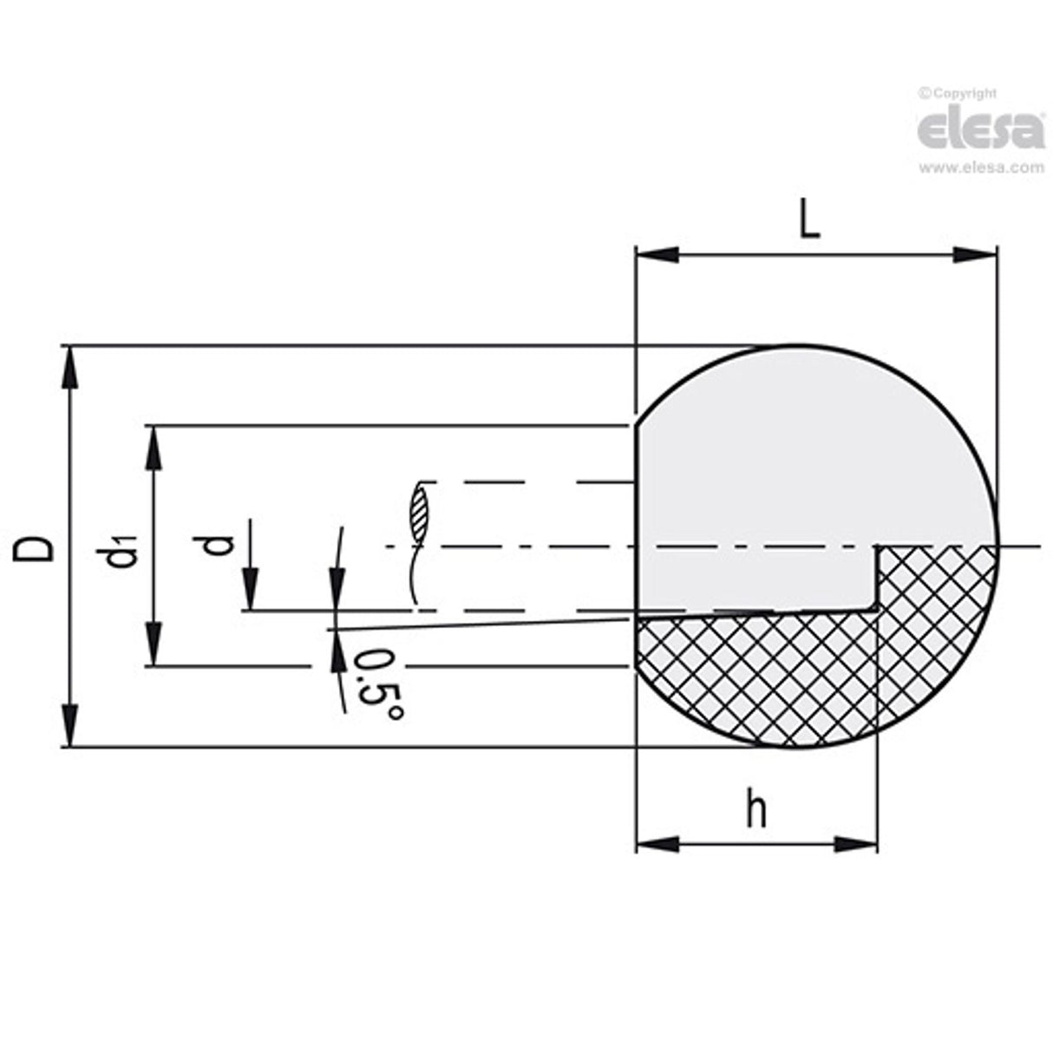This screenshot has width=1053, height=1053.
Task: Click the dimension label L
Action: pos(808,221)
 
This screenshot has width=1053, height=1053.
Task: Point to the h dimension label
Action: pos(757,811)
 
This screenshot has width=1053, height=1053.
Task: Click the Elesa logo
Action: pos(980,130)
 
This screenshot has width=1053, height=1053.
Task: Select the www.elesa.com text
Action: pos(981,168)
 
